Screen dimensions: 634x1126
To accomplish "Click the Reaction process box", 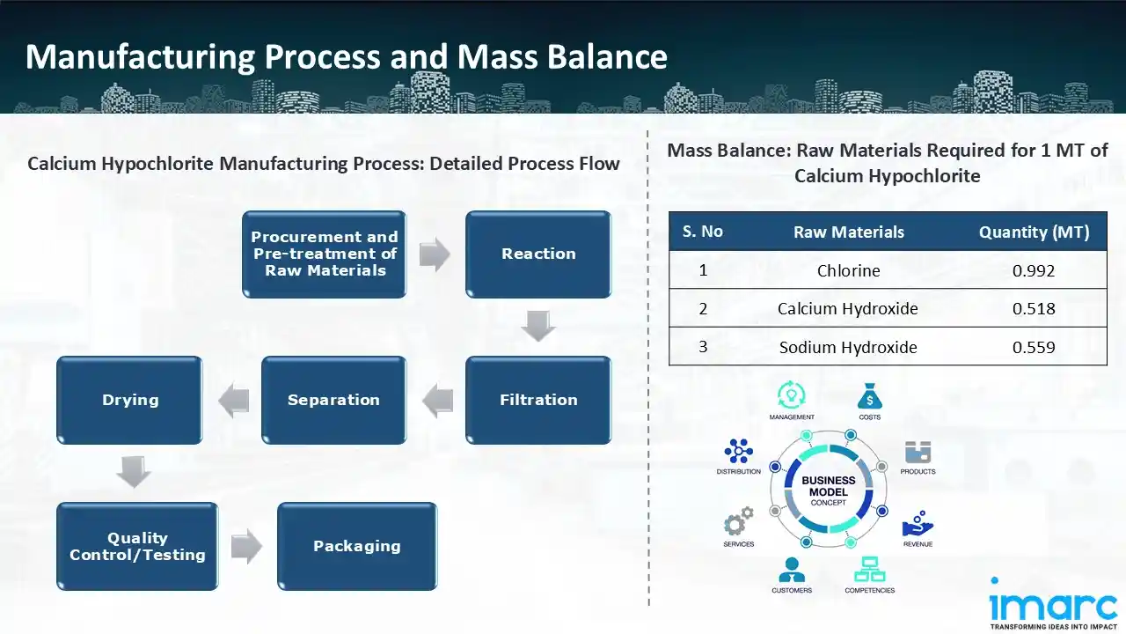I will (x=538, y=254).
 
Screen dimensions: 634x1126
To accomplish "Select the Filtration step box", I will (x=538, y=400).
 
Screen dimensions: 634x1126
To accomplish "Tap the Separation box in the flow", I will (x=333, y=400).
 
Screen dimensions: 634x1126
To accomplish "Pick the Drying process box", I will (x=130, y=400).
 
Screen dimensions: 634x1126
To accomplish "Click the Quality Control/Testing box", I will (x=137, y=546).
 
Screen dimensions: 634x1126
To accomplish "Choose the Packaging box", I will (x=357, y=546).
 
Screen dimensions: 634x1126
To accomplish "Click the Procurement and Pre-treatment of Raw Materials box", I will (x=325, y=254).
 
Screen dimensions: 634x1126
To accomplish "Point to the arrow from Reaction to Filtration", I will (x=538, y=326).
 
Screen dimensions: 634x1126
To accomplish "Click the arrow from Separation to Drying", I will (x=233, y=402).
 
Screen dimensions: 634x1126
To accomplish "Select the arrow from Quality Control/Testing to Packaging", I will (x=247, y=547).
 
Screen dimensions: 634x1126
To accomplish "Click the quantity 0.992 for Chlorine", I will (x=1034, y=270).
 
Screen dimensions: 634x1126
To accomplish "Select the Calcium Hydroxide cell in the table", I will (x=848, y=308).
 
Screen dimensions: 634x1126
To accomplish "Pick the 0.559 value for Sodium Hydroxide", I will (x=1034, y=347).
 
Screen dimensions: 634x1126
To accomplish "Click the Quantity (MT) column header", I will (x=1034, y=232).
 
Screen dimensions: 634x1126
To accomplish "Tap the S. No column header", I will (x=703, y=232).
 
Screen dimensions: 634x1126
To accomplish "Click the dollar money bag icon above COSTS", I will (x=869, y=395).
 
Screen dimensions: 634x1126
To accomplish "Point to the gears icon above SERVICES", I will (x=738, y=521).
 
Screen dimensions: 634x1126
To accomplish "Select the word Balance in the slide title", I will (x=607, y=57).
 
